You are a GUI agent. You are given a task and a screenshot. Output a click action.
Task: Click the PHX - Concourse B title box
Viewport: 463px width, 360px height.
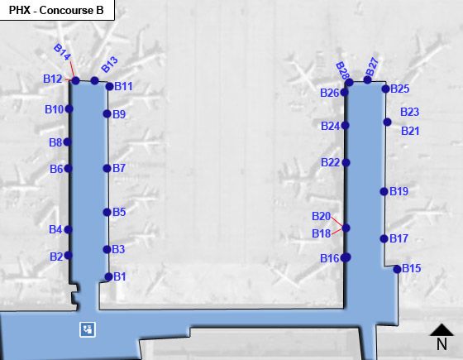(x=57, y=10)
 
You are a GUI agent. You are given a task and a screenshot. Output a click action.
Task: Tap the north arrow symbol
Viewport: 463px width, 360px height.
(x=442, y=337)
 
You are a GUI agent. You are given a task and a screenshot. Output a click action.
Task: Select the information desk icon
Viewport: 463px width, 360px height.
(x=88, y=329)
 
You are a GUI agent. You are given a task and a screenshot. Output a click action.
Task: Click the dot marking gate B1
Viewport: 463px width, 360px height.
(x=108, y=276)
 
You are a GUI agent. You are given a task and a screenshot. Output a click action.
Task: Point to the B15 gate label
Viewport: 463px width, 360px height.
(x=412, y=268)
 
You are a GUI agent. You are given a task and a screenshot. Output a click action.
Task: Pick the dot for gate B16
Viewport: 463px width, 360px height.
(x=346, y=257)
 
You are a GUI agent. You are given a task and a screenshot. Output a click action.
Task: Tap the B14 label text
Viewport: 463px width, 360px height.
(x=62, y=51)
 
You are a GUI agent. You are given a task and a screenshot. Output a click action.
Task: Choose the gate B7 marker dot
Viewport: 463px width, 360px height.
(x=107, y=169)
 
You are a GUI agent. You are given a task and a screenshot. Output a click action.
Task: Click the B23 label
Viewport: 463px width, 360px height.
(x=409, y=112)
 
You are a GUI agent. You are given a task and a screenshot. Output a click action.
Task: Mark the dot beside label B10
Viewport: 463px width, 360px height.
(x=69, y=108)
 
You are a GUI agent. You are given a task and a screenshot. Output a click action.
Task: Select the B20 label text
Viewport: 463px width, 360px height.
(x=321, y=216)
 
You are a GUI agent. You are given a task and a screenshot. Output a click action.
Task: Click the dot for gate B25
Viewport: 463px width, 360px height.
(x=385, y=89)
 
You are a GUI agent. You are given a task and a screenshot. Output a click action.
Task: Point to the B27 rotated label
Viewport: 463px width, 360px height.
(x=372, y=67)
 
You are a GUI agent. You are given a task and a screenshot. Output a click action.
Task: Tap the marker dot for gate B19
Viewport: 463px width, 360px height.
(x=384, y=191)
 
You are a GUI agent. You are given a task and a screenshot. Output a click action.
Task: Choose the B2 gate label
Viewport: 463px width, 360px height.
(x=56, y=257)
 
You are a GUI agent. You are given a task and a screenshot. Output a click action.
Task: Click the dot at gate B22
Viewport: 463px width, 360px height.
(x=346, y=162)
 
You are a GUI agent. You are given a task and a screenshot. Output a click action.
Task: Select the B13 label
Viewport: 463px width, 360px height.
(x=109, y=65)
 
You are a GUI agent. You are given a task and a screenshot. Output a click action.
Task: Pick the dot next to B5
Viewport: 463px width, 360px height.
(x=107, y=212)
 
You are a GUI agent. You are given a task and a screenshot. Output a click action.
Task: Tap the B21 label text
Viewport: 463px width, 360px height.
(x=410, y=131)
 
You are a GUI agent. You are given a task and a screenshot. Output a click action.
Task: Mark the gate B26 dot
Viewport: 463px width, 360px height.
(x=344, y=93)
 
